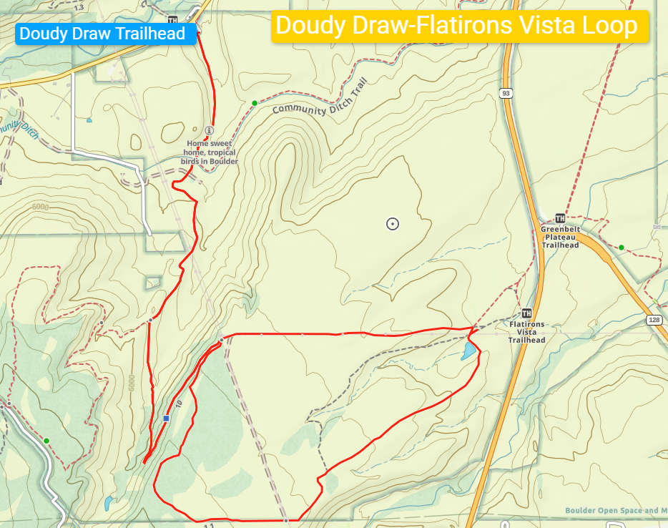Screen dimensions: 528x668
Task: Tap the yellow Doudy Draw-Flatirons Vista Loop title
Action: [458, 26]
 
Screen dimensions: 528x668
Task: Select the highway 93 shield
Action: [506, 93]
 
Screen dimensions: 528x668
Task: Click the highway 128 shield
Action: [655, 319]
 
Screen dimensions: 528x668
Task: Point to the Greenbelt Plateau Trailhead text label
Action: [560, 237]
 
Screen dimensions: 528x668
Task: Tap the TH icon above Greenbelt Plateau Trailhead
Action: [560, 218]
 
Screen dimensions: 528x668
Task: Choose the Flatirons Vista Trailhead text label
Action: [527, 332]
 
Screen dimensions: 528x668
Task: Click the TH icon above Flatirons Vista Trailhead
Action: [527, 313]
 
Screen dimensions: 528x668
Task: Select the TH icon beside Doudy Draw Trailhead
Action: [172, 19]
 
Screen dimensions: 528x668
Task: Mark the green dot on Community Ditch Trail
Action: [254, 104]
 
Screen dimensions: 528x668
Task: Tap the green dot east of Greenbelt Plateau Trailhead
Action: [622, 248]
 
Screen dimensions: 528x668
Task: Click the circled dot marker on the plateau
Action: [392, 224]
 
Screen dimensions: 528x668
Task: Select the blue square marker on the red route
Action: [167, 419]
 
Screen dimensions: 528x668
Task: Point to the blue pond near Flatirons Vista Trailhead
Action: [467, 351]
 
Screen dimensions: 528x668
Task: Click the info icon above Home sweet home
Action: [209, 130]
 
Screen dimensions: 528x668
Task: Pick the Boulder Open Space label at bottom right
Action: [615, 510]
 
